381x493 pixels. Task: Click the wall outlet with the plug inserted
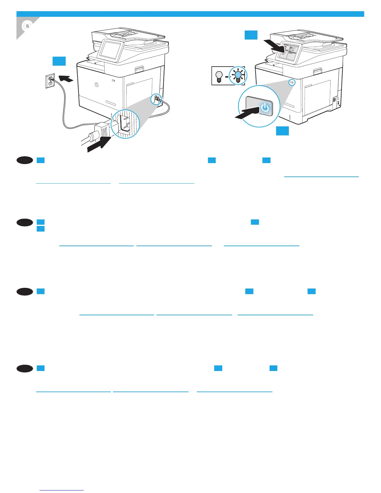(x=50, y=81)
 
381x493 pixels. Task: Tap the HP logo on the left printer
(x=96, y=85)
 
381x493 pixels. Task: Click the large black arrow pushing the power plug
(x=99, y=143)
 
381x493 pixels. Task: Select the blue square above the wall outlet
(x=59, y=61)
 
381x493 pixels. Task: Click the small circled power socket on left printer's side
(x=156, y=100)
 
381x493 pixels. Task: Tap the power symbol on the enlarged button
(x=265, y=108)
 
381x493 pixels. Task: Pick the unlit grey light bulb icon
(x=219, y=76)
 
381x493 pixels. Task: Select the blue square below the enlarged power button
(x=282, y=131)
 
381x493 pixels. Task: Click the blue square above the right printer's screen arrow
(x=251, y=35)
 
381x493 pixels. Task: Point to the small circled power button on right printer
(x=292, y=82)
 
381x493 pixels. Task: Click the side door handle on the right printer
(x=317, y=71)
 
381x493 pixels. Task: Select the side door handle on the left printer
(x=139, y=68)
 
